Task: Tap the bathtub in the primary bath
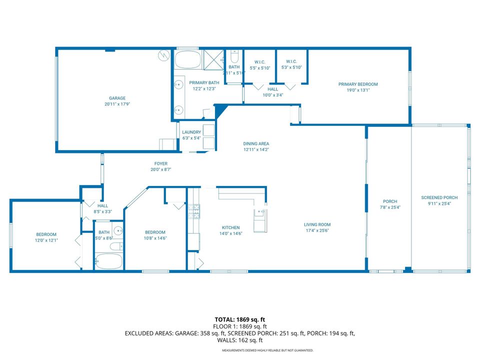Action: (x=187, y=60)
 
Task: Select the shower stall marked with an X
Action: (x=213, y=60)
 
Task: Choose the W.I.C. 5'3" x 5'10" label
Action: (x=291, y=65)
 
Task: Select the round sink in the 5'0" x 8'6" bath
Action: (x=117, y=230)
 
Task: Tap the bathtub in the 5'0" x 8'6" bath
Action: (x=108, y=261)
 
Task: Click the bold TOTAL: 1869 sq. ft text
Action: (x=239, y=319)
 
